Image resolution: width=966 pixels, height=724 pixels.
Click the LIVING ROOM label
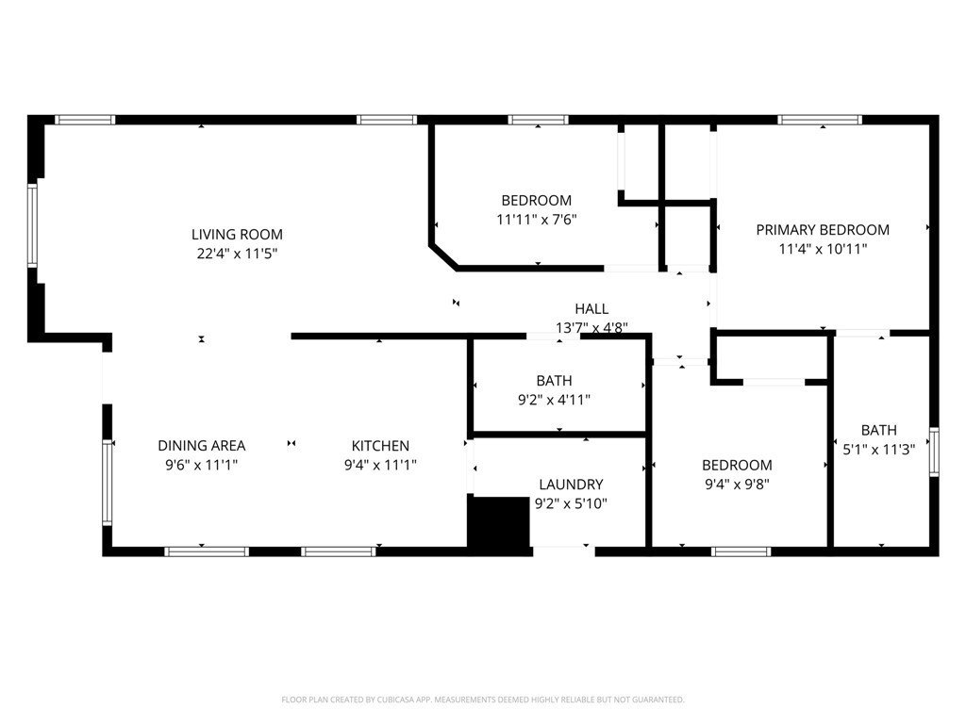237,235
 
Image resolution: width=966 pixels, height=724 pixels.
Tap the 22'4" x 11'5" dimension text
237,254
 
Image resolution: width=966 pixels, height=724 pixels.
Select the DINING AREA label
201,446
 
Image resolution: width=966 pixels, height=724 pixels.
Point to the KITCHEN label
380,446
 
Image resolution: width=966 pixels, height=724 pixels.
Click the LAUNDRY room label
571,485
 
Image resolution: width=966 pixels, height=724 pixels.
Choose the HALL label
591,309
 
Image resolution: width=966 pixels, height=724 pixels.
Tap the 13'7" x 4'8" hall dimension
591,328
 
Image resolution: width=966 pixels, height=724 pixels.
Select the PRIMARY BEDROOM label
823,230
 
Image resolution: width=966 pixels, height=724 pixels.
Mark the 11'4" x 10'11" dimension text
823,249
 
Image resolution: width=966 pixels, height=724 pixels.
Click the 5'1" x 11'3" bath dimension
878,451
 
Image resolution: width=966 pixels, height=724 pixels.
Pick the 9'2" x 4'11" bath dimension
555,400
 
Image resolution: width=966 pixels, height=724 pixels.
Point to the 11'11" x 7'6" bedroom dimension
536,220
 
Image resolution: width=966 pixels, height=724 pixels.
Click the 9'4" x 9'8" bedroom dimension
737,485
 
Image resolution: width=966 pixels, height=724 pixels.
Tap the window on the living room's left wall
32,225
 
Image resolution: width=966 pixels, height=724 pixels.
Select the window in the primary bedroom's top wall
819,120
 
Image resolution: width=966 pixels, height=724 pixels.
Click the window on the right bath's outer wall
934,451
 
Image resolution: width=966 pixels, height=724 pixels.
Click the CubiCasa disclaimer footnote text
482,699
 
